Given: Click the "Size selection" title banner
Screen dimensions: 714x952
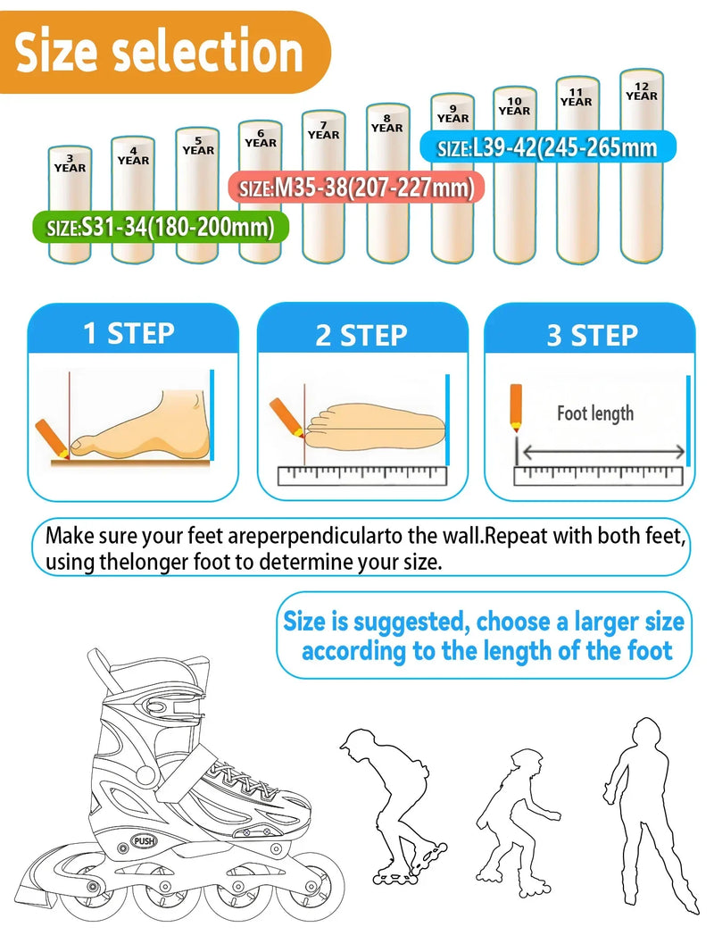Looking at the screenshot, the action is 159,52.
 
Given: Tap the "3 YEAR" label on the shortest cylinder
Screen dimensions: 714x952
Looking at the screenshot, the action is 70,163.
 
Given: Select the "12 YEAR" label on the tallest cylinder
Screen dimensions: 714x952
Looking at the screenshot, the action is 641,92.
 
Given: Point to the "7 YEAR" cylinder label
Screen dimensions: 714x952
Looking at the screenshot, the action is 323,130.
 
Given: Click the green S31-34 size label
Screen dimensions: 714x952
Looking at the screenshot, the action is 160,227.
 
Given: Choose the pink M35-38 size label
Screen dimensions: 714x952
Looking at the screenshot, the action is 356,187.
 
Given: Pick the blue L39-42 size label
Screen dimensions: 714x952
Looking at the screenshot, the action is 547,147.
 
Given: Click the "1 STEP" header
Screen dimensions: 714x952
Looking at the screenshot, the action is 129,333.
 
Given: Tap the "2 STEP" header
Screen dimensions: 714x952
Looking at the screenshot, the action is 361,335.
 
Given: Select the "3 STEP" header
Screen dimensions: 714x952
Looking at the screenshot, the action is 592,335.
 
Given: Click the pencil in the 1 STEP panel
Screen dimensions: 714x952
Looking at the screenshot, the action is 52,438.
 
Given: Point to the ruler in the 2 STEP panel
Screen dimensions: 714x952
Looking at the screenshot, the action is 362,476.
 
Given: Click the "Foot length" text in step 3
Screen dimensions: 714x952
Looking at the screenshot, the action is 595,413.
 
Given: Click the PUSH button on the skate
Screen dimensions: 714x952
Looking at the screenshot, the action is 144,841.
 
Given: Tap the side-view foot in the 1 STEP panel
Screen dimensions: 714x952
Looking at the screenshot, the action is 141,427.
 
